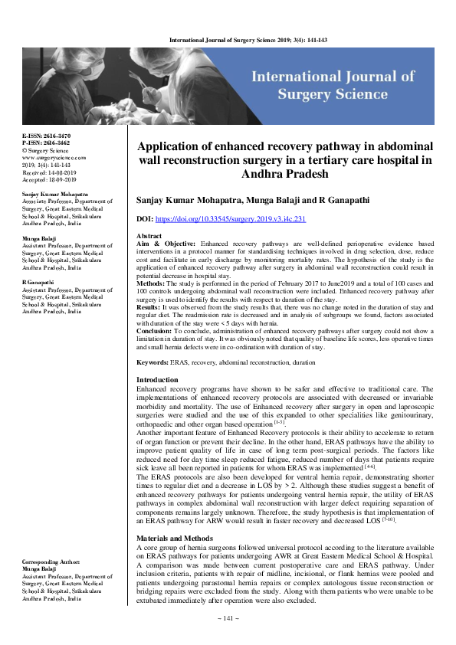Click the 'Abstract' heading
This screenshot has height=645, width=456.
pos(149,236)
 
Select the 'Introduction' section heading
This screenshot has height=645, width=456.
pos(156,380)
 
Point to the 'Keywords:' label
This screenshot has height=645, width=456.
pos(153,362)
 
